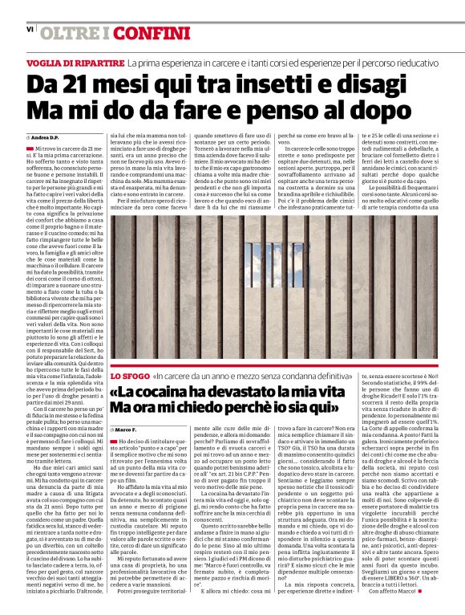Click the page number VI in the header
(30, 29)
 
